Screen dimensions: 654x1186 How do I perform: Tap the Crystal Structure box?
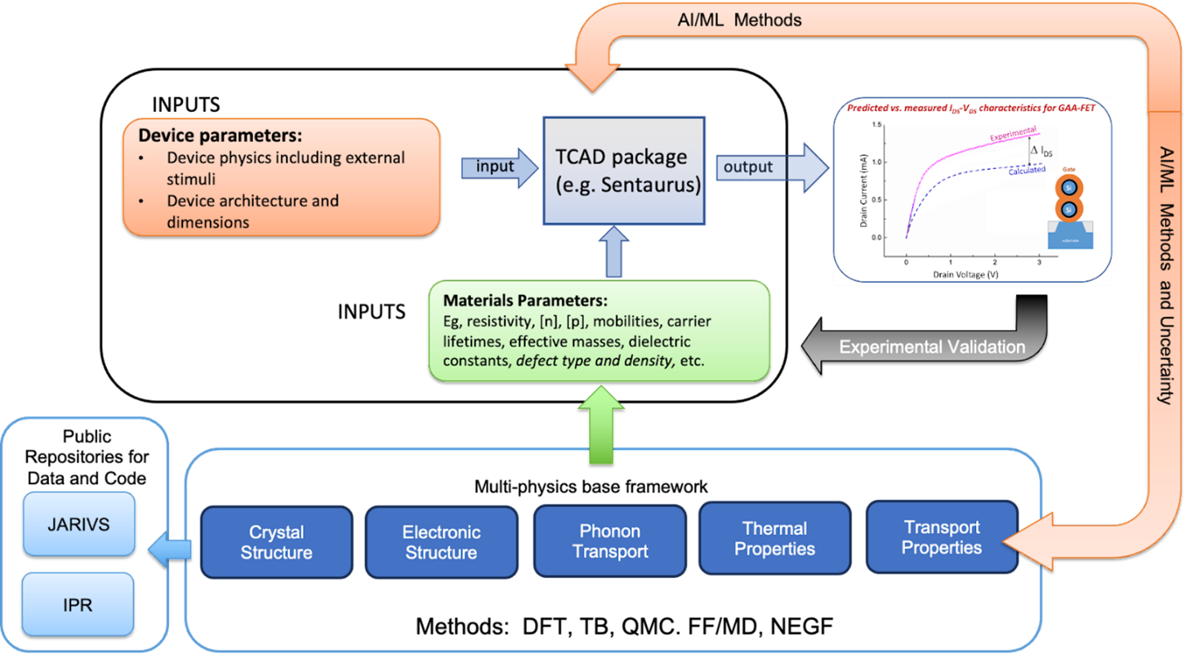tap(276, 542)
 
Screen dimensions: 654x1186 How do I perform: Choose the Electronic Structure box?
tap(440, 542)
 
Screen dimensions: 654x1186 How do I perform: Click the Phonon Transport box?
tap(610, 540)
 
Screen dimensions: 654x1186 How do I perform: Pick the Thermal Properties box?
tap(775, 538)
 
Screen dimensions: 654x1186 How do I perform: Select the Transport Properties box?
tap(941, 537)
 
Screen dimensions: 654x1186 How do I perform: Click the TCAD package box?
tap(623, 170)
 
